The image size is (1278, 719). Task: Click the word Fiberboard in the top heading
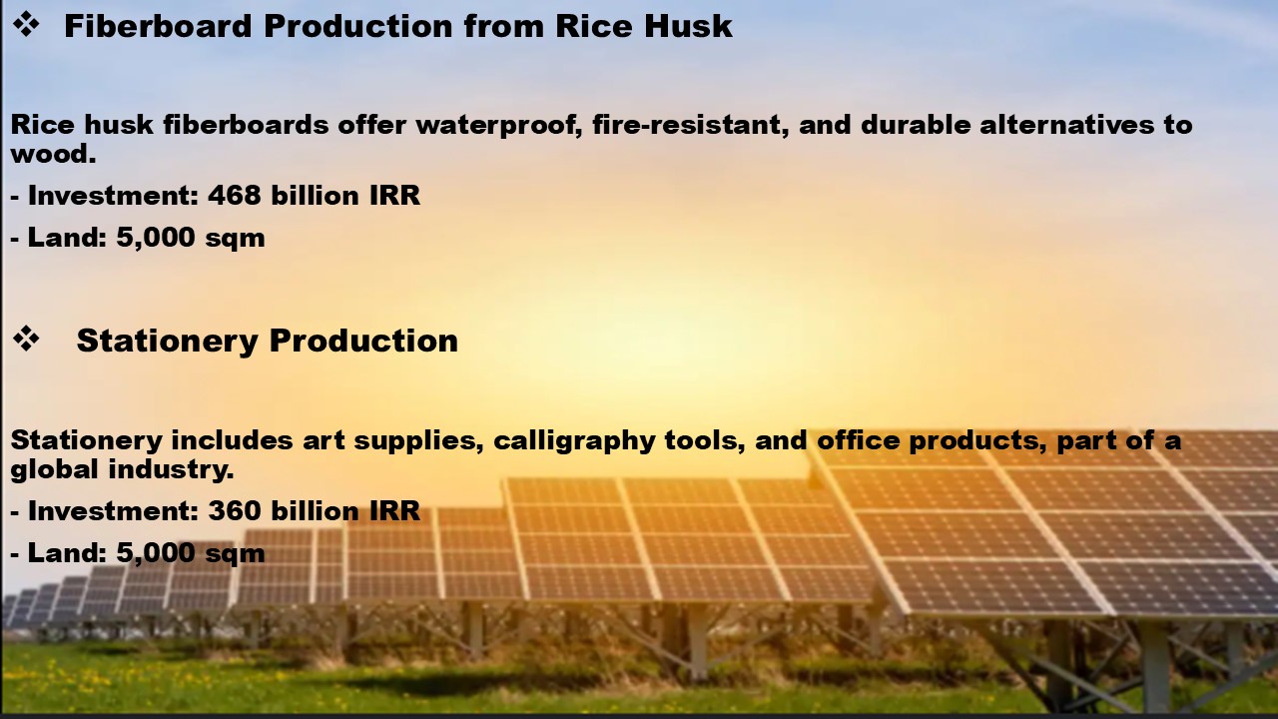click(x=158, y=26)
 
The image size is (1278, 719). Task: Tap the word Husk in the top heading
click(x=688, y=26)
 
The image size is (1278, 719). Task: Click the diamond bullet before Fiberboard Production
click(x=26, y=25)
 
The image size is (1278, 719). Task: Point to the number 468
click(x=235, y=195)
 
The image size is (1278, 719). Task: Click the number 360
click(x=235, y=510)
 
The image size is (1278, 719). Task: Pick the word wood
click(x=53, y=154)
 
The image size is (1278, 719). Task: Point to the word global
click(x=55, y=469)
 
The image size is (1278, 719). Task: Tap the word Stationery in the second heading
click(x=167, y=341)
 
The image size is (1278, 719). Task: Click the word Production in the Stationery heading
click(x=363, y=341)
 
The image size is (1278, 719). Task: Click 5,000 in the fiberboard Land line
click(x=155, y=238)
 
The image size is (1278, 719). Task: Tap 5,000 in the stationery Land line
click(x=155, y=553)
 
